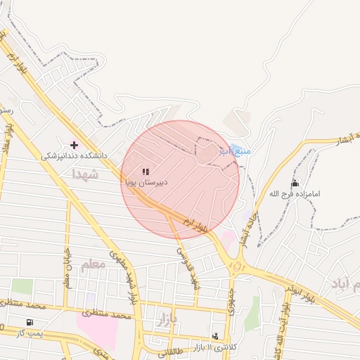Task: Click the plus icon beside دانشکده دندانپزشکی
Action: tap(74, 145)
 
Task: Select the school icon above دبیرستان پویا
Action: tap(146, 172)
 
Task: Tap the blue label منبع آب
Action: tap(235, 150)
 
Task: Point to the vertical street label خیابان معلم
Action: tap(68, 267)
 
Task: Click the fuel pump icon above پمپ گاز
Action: tap(29, 323)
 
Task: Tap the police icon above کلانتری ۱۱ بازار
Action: tap(214, 336)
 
